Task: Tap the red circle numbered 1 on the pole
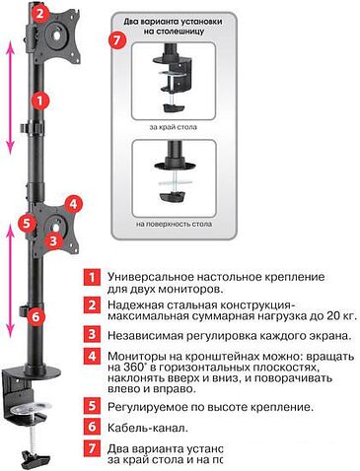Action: coord(38,99)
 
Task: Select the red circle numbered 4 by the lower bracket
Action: coord(72,204)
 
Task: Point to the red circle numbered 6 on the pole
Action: coord(36,316)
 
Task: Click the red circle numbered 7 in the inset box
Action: coord(119,40)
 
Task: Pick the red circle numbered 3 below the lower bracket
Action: coord(57,239)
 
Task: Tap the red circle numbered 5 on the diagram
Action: coord(28,223)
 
